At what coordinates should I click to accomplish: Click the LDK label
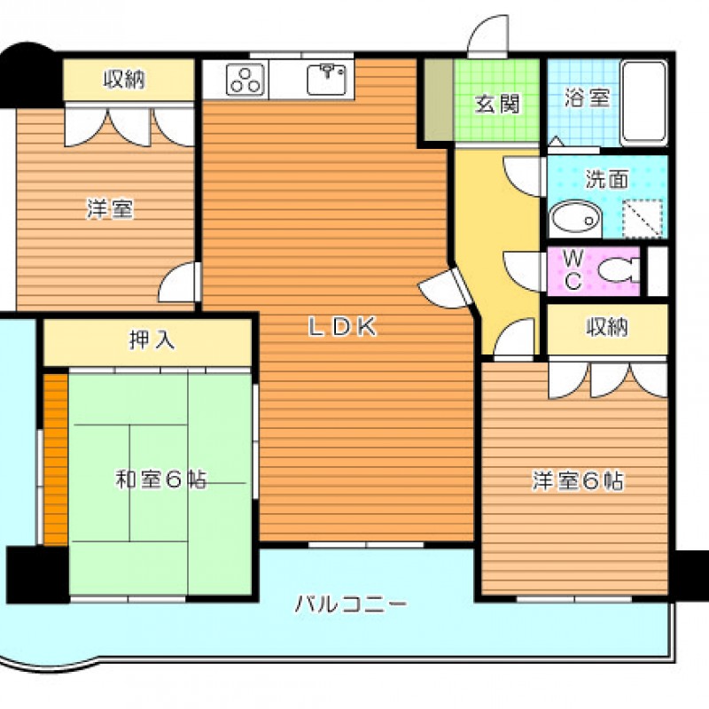[x=342, y=326]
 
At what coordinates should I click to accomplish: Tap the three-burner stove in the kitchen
[x=245, y=80]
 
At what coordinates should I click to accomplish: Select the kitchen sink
[x=327, y=80]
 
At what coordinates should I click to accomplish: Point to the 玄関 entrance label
[x=497, y=104]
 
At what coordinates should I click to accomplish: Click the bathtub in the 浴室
[x=644, y=103]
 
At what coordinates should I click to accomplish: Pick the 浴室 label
[x=587, y=97]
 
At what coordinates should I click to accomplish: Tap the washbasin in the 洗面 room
[x=575, y=219]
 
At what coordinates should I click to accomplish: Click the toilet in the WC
[x=619, y=270]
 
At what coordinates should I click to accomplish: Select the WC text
[x=573, y=270]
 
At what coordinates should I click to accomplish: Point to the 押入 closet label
[x=152, y=340]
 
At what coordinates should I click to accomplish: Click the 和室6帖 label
[x=161, y=479]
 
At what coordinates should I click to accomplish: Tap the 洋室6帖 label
[x=578, y=480]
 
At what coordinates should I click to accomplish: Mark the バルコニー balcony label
[x=351, y=604]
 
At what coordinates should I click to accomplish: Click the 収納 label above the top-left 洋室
[x=124, y=80]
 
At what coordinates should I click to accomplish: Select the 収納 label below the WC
[x=607, y=327]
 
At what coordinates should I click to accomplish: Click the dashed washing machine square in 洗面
[x=643, y=218]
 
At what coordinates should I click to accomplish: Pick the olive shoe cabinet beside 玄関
[x=439, y=99]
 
